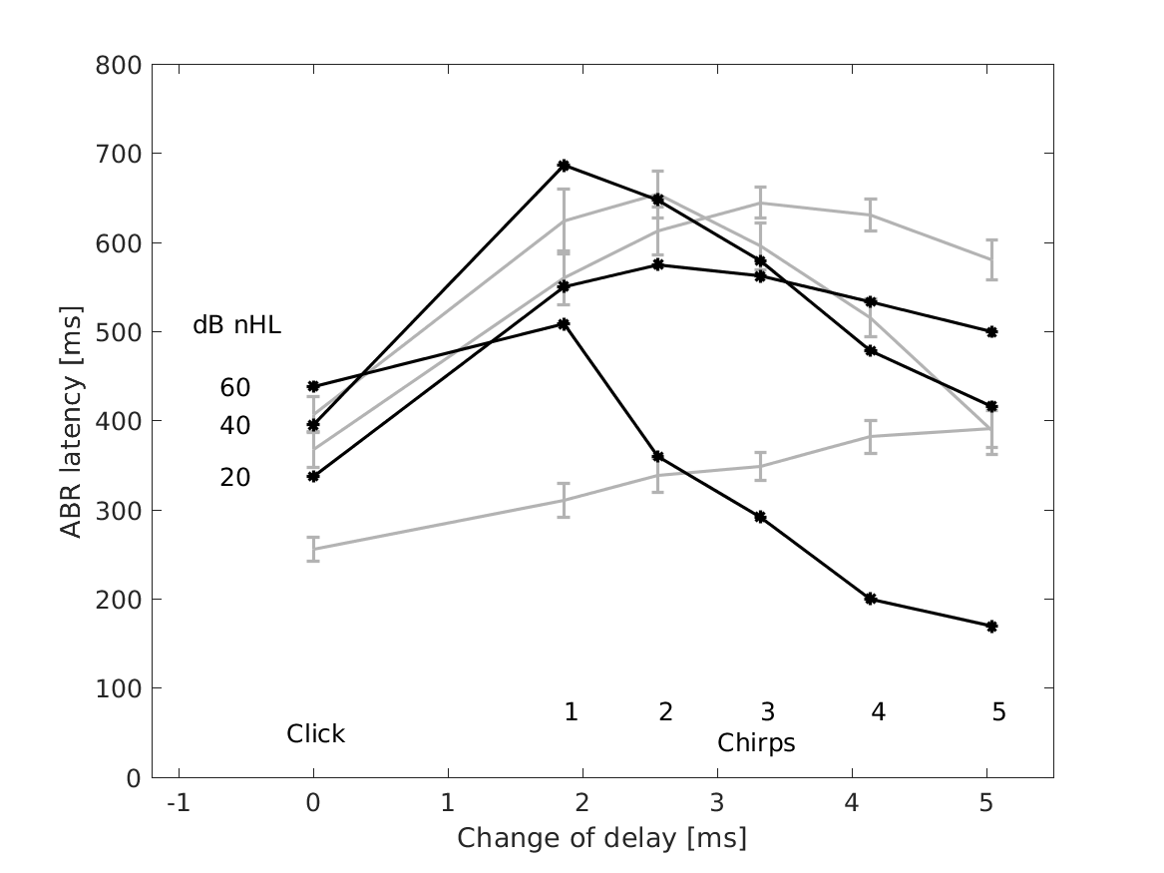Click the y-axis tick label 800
(120, 65)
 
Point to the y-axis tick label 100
(120, 688)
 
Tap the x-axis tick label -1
(179, 802)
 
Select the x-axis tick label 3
(716, 802)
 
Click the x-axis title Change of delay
(601, 838)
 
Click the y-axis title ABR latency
(71, 421)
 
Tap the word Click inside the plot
(315, 734)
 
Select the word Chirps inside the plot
(756, 743)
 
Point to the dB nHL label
(236, 326)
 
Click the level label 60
(235, 388)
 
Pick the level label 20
(235, 478)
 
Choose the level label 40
(235, 426)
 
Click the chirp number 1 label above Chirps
(571, 711)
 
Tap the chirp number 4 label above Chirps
(878, 712)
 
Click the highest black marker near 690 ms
(564, 165)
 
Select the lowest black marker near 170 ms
(991, 627)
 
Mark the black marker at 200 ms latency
(871, 599)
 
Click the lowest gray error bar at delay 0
(313, 549)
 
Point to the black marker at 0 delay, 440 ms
(313, 386)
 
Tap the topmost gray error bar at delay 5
(991, 259)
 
